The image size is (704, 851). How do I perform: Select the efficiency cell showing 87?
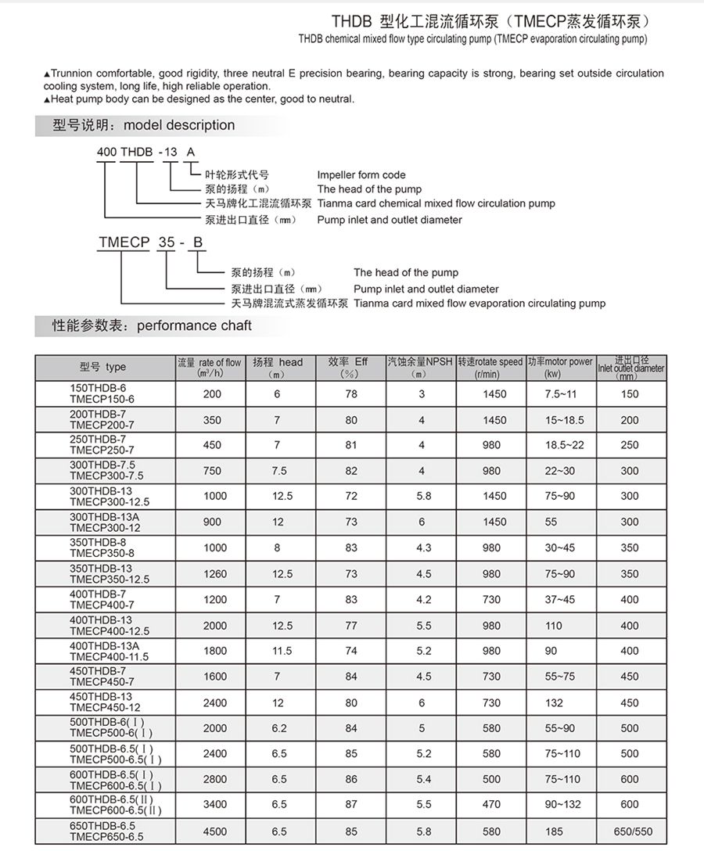pyautogui.click(x=351, y=804)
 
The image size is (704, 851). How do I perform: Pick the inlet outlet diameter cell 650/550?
pyautogui.click(x=630, y=831)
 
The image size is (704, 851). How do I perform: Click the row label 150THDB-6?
pyautogui.click(x=98, y=388)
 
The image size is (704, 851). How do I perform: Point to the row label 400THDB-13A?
pyautogui.click(x=104, y=646)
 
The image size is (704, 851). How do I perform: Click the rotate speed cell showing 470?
pyautogui.click(x=491, y=804)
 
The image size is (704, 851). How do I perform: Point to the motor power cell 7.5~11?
pyautogui.click(x=560, y=394)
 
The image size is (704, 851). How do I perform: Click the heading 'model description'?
pyautogui.click(x=179, y=125)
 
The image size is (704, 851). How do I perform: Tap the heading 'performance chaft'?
pyautogui.click(x=194, y=325)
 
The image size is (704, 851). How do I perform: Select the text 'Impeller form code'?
pyautogui.click(x=361, y=175)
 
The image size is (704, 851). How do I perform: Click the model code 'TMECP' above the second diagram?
pyautogui.click(x=124, y=242)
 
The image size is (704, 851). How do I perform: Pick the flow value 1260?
pyautogui.click(x=215, y=574)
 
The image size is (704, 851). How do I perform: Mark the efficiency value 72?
pyautogui.click(x=351, y=496)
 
